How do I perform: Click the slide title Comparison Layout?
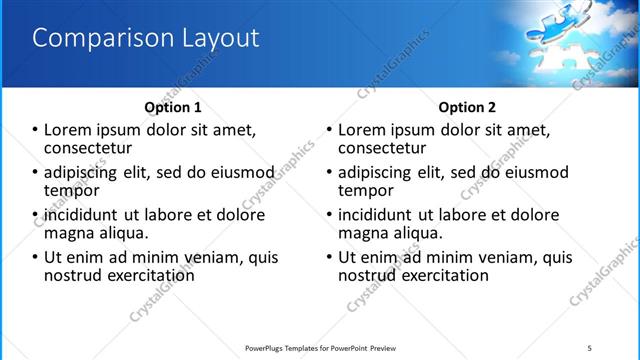(x=146, y=39)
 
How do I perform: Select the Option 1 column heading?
(x=173, y=107)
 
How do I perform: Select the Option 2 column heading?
(x=467, y=107)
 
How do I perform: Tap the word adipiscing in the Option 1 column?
(x=86, y=172)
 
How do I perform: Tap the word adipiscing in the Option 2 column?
(x=379, y=172)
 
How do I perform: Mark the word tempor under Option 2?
(x=367, y=190)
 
